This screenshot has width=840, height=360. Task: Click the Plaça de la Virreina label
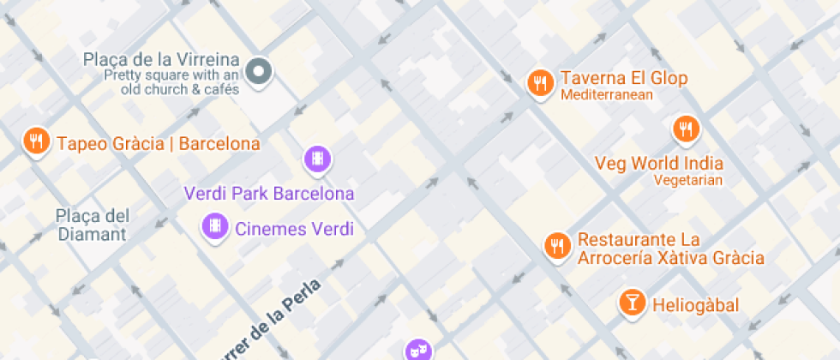click(161, 60)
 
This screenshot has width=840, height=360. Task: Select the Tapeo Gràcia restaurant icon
click(35, 141)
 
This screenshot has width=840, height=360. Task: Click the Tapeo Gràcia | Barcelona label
click(158, 143)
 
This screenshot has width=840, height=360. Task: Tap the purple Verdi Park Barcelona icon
click(318, 158)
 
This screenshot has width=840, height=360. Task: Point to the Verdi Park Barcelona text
click(269, 193)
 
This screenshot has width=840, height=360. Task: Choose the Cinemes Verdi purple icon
click(214, 227)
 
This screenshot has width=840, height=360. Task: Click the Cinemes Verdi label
click(294, 229)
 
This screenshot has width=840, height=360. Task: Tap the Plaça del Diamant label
click(92, 224)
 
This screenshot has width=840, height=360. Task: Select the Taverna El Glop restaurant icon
click(539, 82)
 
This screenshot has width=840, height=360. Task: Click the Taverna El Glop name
click(624, 79)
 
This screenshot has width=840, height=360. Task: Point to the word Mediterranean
click(607, 95)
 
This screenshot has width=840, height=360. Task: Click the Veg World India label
click(659, 163)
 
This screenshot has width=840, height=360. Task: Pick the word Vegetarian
click(687, 180)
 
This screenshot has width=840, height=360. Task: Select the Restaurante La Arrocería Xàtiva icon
click(557, 246)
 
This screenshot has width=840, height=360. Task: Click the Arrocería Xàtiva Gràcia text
click(671, 257)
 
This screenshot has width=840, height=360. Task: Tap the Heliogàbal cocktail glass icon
click(632, 302)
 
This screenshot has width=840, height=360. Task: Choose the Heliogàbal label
click(695, 305)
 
